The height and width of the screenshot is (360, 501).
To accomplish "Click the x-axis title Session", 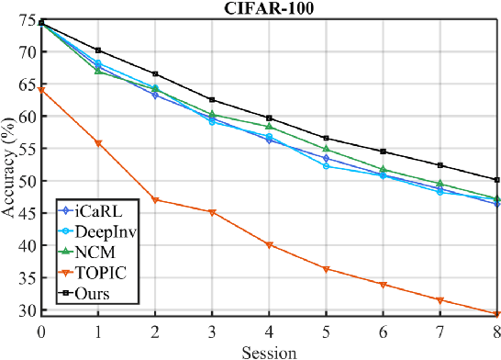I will coord(269,351).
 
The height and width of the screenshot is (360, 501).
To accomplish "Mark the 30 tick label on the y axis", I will coord(28,311).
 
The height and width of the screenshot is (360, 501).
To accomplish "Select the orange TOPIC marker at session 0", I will coord(41,90).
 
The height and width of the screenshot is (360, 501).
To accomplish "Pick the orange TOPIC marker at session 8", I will coord(496,314).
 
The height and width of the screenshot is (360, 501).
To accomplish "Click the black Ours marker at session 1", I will coord(98,51).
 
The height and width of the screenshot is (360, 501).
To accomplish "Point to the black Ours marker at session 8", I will coord(496,180).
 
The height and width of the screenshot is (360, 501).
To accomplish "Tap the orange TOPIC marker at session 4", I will coord(269,245).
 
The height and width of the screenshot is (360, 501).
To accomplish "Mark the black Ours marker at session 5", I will coord(326,138).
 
